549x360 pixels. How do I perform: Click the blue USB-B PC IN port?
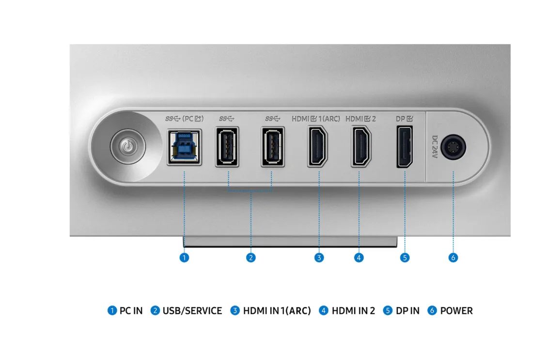point(184,147)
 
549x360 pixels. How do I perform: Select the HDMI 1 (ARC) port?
point(317,146)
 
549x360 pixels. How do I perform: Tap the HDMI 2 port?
point(361,146)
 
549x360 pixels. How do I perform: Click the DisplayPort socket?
point(405,147)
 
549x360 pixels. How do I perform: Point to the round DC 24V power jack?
point(453,147)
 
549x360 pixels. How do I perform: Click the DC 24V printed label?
point(435,147)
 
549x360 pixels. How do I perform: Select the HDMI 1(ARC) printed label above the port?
point(316,119)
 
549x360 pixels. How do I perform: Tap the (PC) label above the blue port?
point(193,119)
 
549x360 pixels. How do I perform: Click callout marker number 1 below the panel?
point(184,258)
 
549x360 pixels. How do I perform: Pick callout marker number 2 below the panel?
point(251,258)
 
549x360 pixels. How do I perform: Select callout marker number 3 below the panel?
point(319,258)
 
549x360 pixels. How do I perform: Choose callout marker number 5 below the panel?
point(405,258)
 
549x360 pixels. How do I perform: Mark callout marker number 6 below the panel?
point(453,258)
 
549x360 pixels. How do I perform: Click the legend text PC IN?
point(131,311)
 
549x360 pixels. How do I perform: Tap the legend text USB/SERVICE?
point(192,311)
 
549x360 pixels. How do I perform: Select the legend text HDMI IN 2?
point(353,311)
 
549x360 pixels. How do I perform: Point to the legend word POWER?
point(456,311)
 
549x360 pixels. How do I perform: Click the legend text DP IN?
point(408,311)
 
